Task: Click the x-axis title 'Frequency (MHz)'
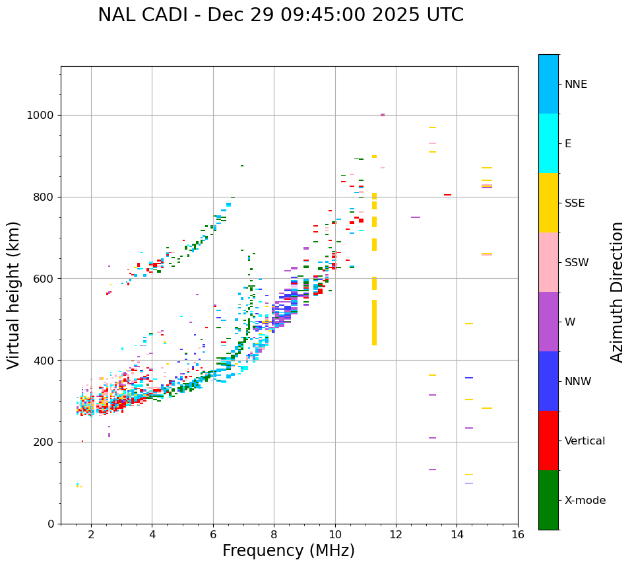(288, 551)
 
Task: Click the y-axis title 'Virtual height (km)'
(14, 295)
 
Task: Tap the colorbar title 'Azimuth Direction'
(617, 292)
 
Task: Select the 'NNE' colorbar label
(575, 85)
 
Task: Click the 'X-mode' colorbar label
(585, 501)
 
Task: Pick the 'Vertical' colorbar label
(585, 441)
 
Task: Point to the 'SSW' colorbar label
(577, 263)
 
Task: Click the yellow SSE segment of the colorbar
(548, 202)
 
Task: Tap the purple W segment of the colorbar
(548, 321)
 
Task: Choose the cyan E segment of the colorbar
(548, 143)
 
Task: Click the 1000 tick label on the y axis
(40, 116)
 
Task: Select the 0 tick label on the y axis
(51, 524)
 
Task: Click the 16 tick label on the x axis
(518, 534)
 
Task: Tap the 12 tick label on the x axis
(396, 534)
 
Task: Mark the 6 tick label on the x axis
(213, 534)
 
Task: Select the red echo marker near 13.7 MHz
(447, 195)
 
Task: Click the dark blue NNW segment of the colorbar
(548, 380)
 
